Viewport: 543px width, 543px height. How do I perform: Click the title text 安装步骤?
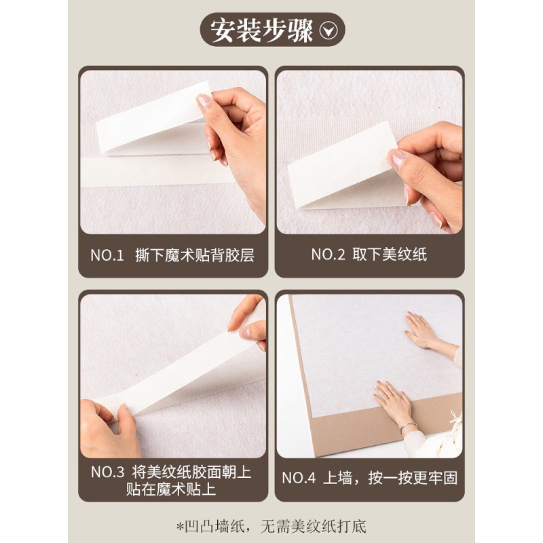pos(261,31)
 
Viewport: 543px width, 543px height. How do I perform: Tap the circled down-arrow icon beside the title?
pos(329,31)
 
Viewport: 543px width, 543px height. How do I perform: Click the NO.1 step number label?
pos(107,256)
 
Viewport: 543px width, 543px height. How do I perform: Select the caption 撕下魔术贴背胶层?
pos(195,256)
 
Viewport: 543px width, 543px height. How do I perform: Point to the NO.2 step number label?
pos(328,255)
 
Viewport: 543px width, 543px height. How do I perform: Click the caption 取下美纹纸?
pos(390,255)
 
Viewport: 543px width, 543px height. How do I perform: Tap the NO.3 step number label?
pos(107,472)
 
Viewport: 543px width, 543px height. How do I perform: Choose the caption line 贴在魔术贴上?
pos(171,489)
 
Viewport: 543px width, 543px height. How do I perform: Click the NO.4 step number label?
pos(299,479)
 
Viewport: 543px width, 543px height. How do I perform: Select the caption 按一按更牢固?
pos(413,479)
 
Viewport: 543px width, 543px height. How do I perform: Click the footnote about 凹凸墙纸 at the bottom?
pos(271,527)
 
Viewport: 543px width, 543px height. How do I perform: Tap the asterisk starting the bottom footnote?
pos(180,527)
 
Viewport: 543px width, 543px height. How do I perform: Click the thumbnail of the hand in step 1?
pos(204,101)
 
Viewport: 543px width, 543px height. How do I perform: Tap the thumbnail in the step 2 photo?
pos(397,159)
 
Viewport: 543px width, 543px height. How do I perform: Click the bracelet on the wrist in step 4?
pos(407,427)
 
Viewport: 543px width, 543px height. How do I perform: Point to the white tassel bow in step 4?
pos(455,419)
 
